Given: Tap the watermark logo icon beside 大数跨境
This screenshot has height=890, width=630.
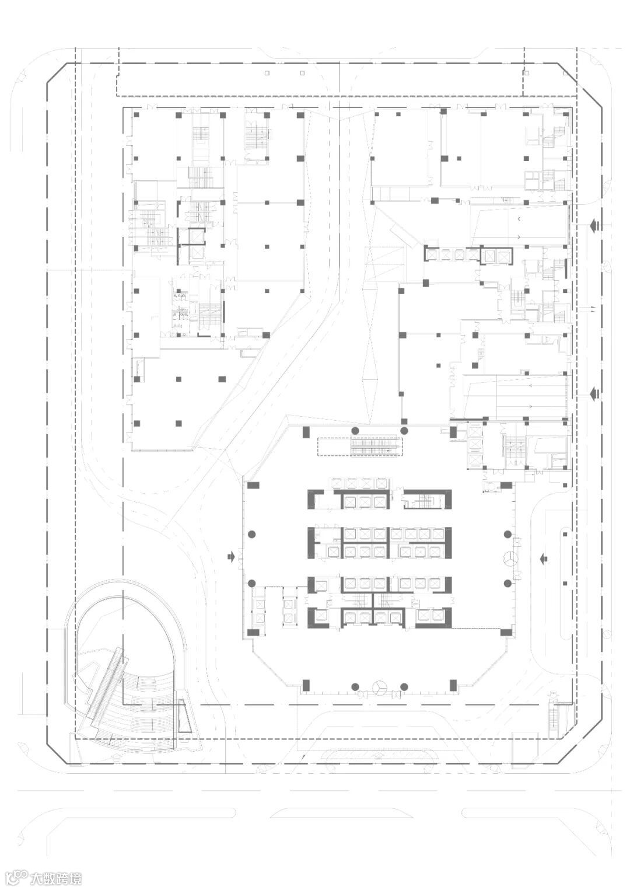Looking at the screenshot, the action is point(18,878).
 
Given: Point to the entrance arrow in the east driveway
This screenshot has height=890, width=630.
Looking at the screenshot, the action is point(544,559).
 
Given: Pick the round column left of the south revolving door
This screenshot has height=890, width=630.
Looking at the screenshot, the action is point(355,687).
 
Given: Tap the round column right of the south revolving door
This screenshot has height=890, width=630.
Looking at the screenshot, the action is point(404,687).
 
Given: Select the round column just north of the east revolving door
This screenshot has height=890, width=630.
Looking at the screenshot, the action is point(508,535).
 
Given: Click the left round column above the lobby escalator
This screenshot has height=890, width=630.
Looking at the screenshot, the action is point(355,431).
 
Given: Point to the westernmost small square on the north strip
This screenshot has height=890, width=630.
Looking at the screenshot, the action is point(267,73).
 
